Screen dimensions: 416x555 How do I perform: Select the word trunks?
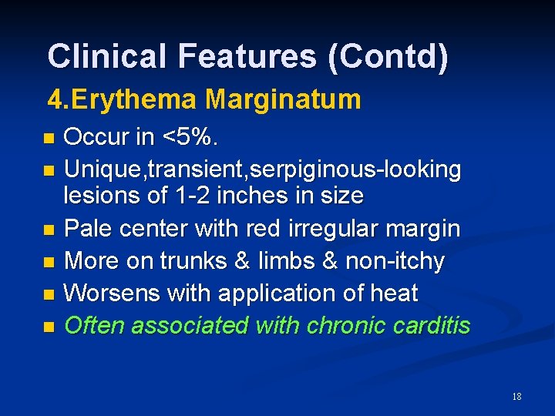tap(194, 261)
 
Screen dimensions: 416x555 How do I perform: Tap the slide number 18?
tap(516, 397)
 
